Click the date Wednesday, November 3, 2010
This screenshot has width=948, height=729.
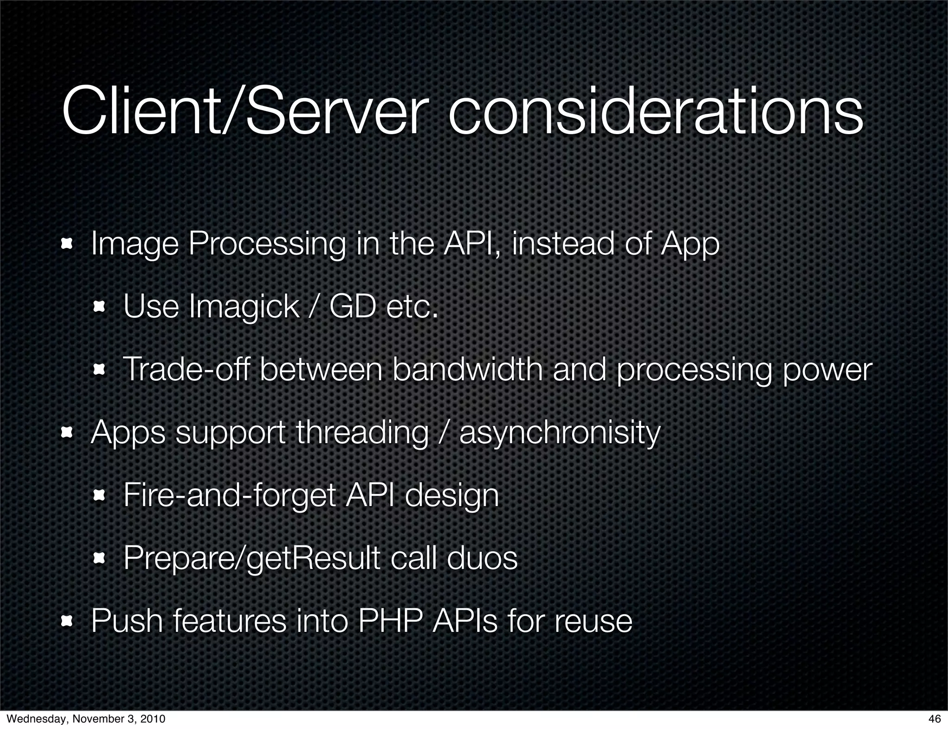[86, 719]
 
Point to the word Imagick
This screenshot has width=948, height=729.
[244, 307]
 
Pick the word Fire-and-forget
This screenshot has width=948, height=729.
[230, 496]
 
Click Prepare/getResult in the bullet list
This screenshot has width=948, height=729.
[251, 559]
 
